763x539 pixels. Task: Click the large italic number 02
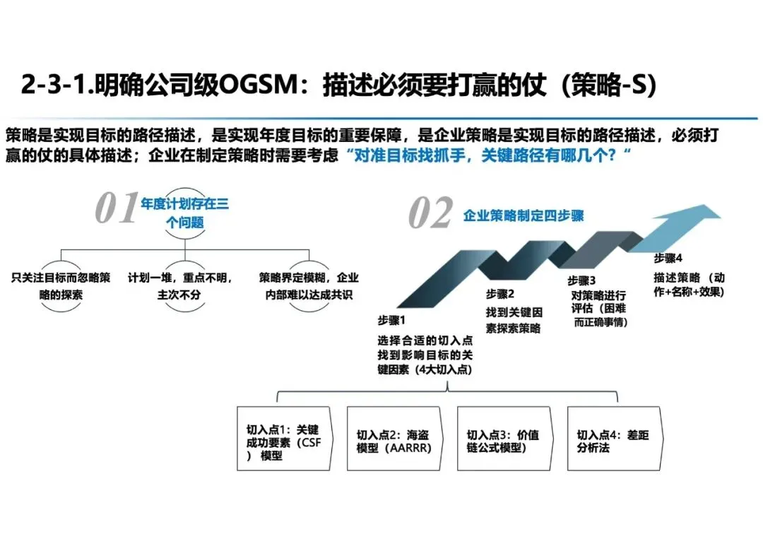click(x=431, y=213)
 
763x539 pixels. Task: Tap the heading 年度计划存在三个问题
click(x=185, y=213)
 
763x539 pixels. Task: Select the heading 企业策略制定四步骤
click(x=524, y=215)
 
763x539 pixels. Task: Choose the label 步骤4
click(x=668, y=258)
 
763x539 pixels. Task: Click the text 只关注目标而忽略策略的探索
click(x=61, y=286)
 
